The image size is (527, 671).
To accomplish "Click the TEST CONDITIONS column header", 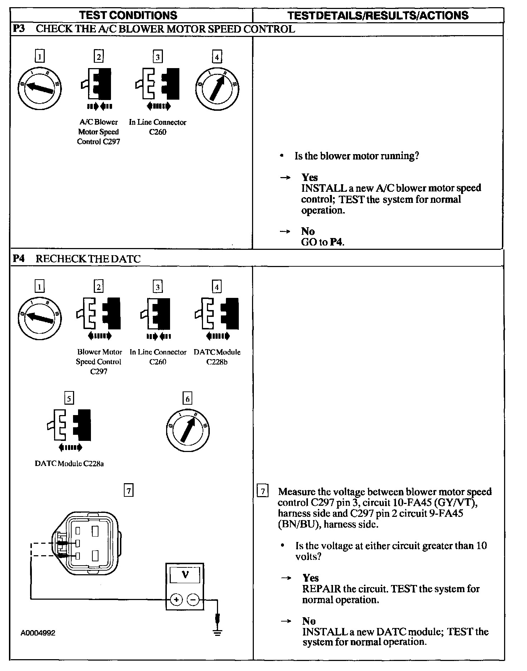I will [128, 15].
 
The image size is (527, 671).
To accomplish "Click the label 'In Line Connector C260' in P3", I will [158, 127].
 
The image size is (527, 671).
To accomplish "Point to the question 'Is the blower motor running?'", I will [357, 156].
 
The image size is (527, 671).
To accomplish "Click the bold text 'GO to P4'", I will [323, 242].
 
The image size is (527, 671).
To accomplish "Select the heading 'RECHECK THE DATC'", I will [88, 259].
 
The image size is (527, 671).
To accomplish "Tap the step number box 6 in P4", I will [187, 399].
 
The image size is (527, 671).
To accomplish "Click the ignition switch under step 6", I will [188, 430].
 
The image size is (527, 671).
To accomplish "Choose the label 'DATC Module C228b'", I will [217, 357].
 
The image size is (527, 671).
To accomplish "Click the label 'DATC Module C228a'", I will [69, 463].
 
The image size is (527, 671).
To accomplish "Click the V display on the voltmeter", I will [185, 575].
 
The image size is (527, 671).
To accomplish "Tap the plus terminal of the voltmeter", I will [176, 599].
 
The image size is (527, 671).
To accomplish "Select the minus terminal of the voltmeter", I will [193, 599].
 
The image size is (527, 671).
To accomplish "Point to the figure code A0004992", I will [38, 633].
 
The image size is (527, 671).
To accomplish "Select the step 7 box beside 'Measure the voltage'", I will [263, 491].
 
